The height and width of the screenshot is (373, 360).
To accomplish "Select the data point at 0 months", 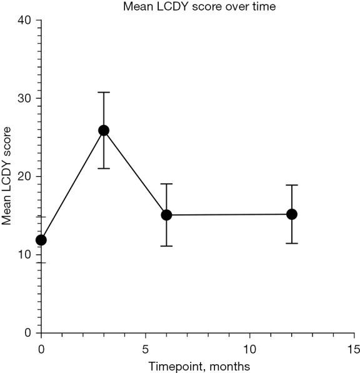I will tap(41, 240).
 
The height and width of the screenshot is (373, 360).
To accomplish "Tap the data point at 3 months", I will tap(104, 130).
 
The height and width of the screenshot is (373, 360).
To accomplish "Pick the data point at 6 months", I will tap(166, 215).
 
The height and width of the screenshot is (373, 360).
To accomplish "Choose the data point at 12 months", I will tap(291, 214).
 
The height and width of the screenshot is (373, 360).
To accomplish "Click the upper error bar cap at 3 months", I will tap(104, 92).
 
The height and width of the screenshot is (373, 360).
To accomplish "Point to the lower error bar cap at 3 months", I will tap(104, 169).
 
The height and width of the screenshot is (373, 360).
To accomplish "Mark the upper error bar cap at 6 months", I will tap(166, 184).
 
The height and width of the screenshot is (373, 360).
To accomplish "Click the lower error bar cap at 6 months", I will tap(166, 246).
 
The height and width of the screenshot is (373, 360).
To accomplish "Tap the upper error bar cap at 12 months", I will tap(291, 185).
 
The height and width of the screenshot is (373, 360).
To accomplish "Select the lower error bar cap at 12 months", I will tap(291, 243).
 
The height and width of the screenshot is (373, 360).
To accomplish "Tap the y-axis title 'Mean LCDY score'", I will tap(7, 176).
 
